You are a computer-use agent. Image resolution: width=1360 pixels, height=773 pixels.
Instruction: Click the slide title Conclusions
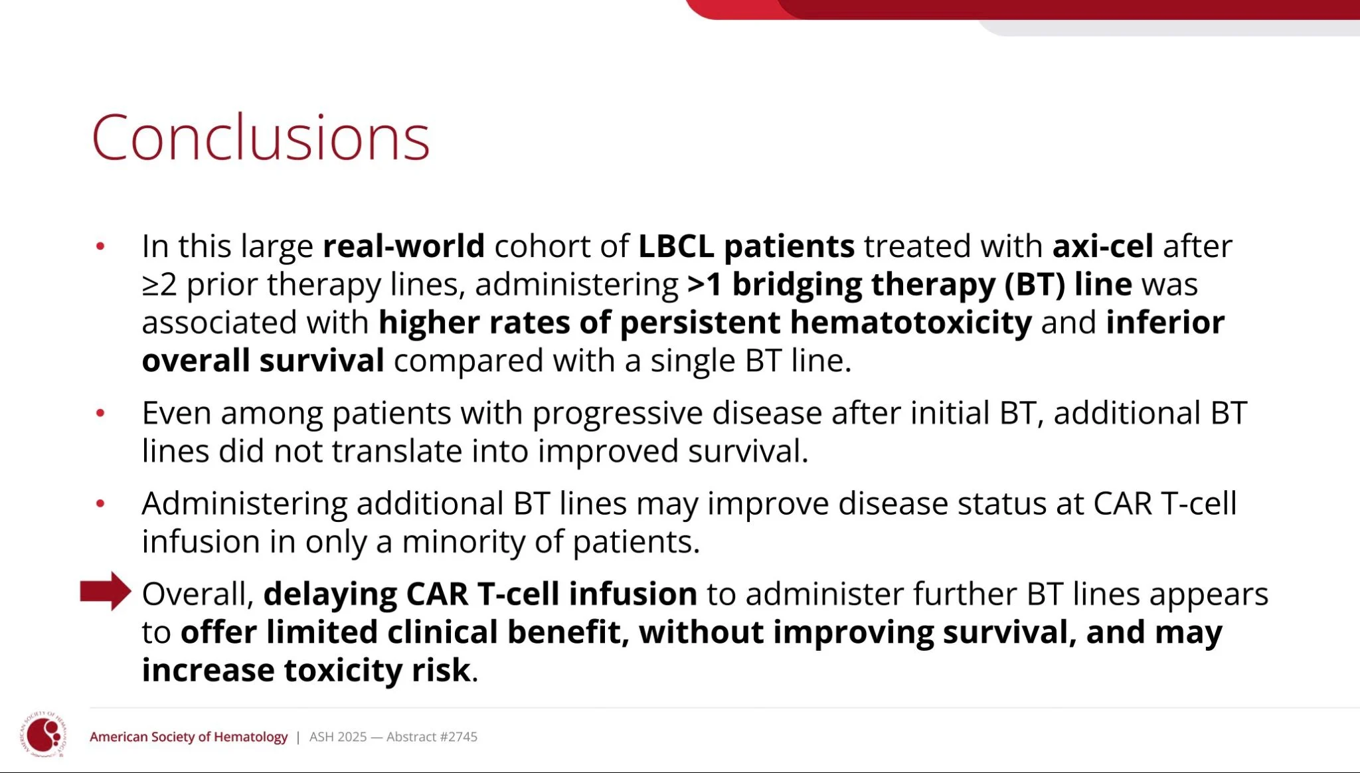click(261, 137)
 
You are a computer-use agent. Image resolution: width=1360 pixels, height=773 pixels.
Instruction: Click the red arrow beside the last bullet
click(106, 591)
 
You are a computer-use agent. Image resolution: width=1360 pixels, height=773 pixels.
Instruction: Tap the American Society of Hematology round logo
click(44, 734)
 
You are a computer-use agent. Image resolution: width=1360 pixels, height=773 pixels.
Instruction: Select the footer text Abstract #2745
click(432, 736)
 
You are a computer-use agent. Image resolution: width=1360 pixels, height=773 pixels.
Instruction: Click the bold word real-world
click(404, 246)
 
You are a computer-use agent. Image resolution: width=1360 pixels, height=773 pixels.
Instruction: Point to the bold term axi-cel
click(1103, 246)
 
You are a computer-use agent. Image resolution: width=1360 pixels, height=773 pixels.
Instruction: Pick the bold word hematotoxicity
click(911, 322)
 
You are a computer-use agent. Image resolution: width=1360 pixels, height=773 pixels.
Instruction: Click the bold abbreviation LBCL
click(676, 246)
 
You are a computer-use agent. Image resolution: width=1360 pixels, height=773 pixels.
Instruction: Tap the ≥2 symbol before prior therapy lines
click(159, 285)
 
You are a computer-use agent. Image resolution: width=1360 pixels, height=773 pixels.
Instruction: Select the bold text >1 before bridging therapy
click(705, 284)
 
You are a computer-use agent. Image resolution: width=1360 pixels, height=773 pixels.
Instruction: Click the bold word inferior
click(1165, 322)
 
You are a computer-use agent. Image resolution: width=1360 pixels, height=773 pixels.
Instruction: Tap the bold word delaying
click(330, 594)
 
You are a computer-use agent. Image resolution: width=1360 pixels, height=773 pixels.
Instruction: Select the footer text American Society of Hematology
click(189, 736)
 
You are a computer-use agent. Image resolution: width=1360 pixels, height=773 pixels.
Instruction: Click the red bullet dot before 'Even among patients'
click(100, 413)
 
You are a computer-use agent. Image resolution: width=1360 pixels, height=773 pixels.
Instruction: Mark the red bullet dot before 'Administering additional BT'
click(100, 503)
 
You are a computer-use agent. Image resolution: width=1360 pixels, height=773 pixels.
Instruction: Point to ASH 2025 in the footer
click(338, 736)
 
